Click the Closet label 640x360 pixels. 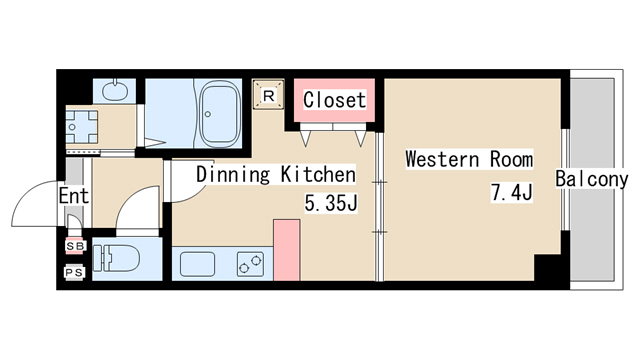[x=334, y=100]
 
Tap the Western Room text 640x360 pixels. [x=469, y=159]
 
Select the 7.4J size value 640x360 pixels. [x=511, y=192]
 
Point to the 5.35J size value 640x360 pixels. [x=331, y=203]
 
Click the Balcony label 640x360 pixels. [x=591, y=179]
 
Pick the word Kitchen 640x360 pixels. [x=318, y=174]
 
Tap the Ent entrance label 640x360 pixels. [x=74, y=196]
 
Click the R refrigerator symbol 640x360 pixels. [x=268, y=95]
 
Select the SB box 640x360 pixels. [x=75, y=246]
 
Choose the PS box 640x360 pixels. [x=75, y=272]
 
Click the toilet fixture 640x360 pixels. [x=116, y=258]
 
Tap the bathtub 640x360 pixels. [x=219, y=114]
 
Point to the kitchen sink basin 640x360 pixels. [x=198, y=264]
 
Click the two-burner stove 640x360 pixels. [x=250, y=264]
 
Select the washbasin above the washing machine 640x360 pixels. [x=115, y=90]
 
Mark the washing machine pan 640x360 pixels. [x=82, y=127]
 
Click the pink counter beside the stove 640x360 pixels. [x=287, y=250]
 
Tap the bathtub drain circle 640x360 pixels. [x=208, y=114]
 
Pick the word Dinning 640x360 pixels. [x=233, y=174]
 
